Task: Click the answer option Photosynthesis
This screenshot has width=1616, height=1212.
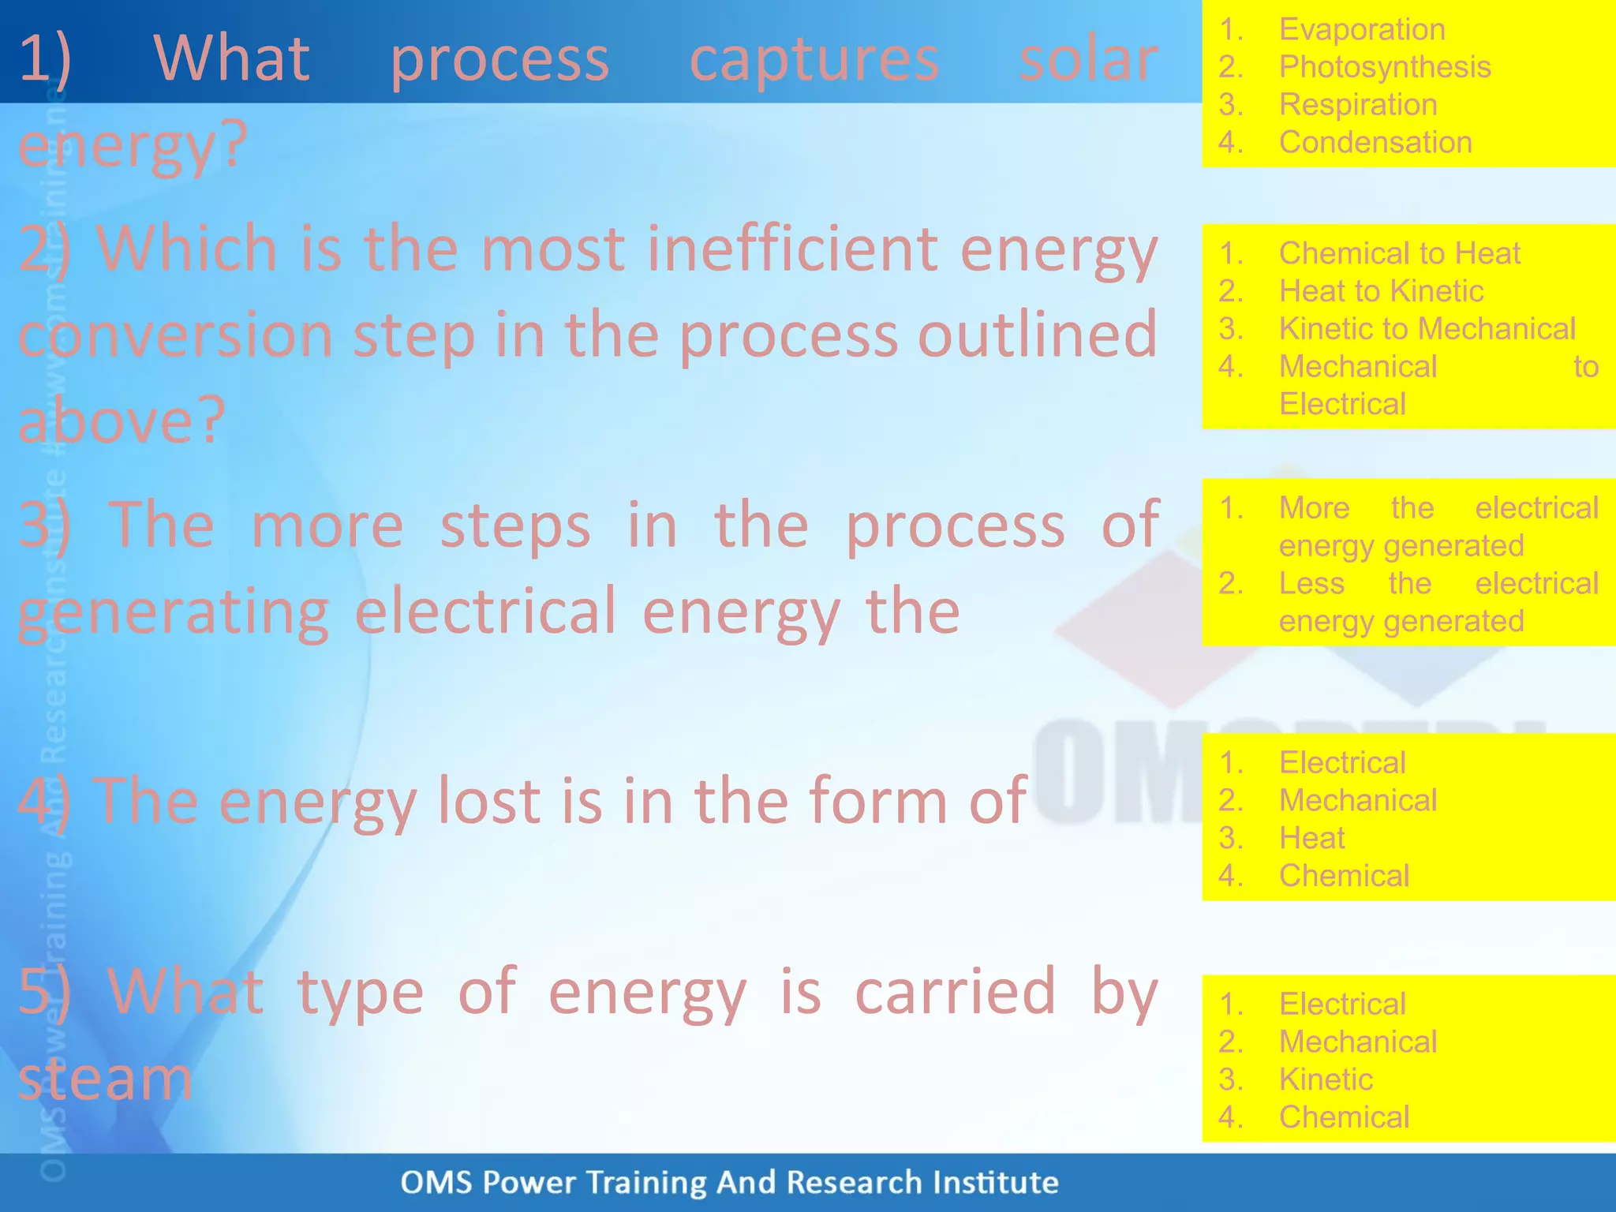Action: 1385,67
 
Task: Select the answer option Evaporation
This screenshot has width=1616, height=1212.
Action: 1362,29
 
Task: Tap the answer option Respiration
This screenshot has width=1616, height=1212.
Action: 1358,105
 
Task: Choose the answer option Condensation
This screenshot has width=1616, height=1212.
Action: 1375,143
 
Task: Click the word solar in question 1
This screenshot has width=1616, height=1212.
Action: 1088,59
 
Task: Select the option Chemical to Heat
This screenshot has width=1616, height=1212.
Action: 1399,253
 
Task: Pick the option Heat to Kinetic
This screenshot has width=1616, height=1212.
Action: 1381,291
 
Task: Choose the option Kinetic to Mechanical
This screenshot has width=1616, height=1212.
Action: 1427,329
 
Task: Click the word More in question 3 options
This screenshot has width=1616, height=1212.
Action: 1314,508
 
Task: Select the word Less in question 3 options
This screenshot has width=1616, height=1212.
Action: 1311,584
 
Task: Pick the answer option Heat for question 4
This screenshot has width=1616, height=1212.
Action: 1311,838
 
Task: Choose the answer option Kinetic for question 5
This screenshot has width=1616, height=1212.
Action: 1326,1079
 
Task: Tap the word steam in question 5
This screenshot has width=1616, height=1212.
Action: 105,1079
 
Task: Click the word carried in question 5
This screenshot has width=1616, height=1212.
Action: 955,992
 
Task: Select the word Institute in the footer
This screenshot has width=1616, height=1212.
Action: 995,1182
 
